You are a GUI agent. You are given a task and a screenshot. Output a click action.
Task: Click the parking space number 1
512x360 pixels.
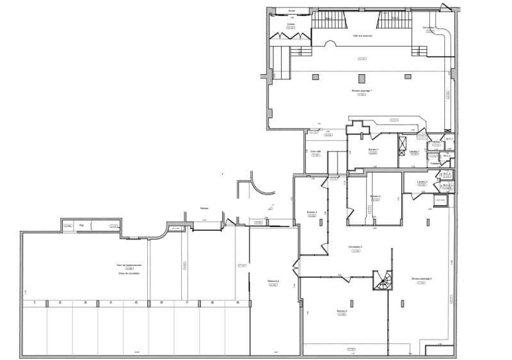point(34,302)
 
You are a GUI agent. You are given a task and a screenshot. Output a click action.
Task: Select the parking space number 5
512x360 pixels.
point(136,302)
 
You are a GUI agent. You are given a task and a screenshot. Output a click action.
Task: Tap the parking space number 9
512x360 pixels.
point(237,302)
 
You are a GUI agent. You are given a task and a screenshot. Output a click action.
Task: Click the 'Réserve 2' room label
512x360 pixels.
point(274,281)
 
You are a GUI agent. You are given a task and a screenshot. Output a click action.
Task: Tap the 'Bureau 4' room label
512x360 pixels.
point(342,311)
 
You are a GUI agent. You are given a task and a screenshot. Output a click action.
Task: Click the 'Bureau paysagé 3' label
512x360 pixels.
point(421,279)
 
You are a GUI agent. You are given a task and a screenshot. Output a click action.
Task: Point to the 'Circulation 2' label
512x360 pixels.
point(355,247)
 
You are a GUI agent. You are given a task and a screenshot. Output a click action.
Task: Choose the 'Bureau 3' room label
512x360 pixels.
point(312,212)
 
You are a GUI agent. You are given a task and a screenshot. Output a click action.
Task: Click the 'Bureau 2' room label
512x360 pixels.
point(375,196)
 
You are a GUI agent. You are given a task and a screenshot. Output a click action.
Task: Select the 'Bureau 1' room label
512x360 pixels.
point(373,150)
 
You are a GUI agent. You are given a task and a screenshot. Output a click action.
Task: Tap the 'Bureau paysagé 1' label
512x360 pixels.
point(362,91)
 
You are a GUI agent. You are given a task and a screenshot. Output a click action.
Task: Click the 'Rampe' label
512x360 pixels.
point(204,208)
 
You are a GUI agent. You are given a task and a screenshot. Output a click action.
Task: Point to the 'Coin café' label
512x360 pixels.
point(315,152)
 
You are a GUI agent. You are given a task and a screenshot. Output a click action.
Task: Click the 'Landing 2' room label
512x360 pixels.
point(422,182)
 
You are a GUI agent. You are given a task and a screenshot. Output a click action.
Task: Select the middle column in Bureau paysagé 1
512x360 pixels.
point(362,77)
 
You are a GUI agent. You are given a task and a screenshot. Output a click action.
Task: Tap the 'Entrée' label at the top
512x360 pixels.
point(291,24)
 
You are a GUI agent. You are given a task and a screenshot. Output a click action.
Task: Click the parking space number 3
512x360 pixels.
point(85,302)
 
